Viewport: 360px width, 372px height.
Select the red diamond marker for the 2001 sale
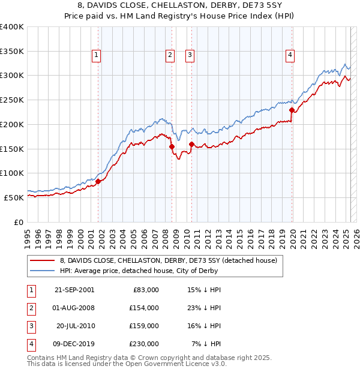click(98, 181)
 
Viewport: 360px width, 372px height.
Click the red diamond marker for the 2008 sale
click(172, 146)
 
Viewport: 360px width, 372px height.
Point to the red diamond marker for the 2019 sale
click(292, 110)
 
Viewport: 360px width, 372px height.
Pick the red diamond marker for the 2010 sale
click(191, 144)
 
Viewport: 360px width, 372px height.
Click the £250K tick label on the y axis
click(12, 100)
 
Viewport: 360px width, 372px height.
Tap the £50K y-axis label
click(14, 197)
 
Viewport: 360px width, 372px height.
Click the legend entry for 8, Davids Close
click(168, 260)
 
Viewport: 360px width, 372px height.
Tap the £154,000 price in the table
click(145, 307)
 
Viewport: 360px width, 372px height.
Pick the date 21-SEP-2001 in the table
click(74, 289)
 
